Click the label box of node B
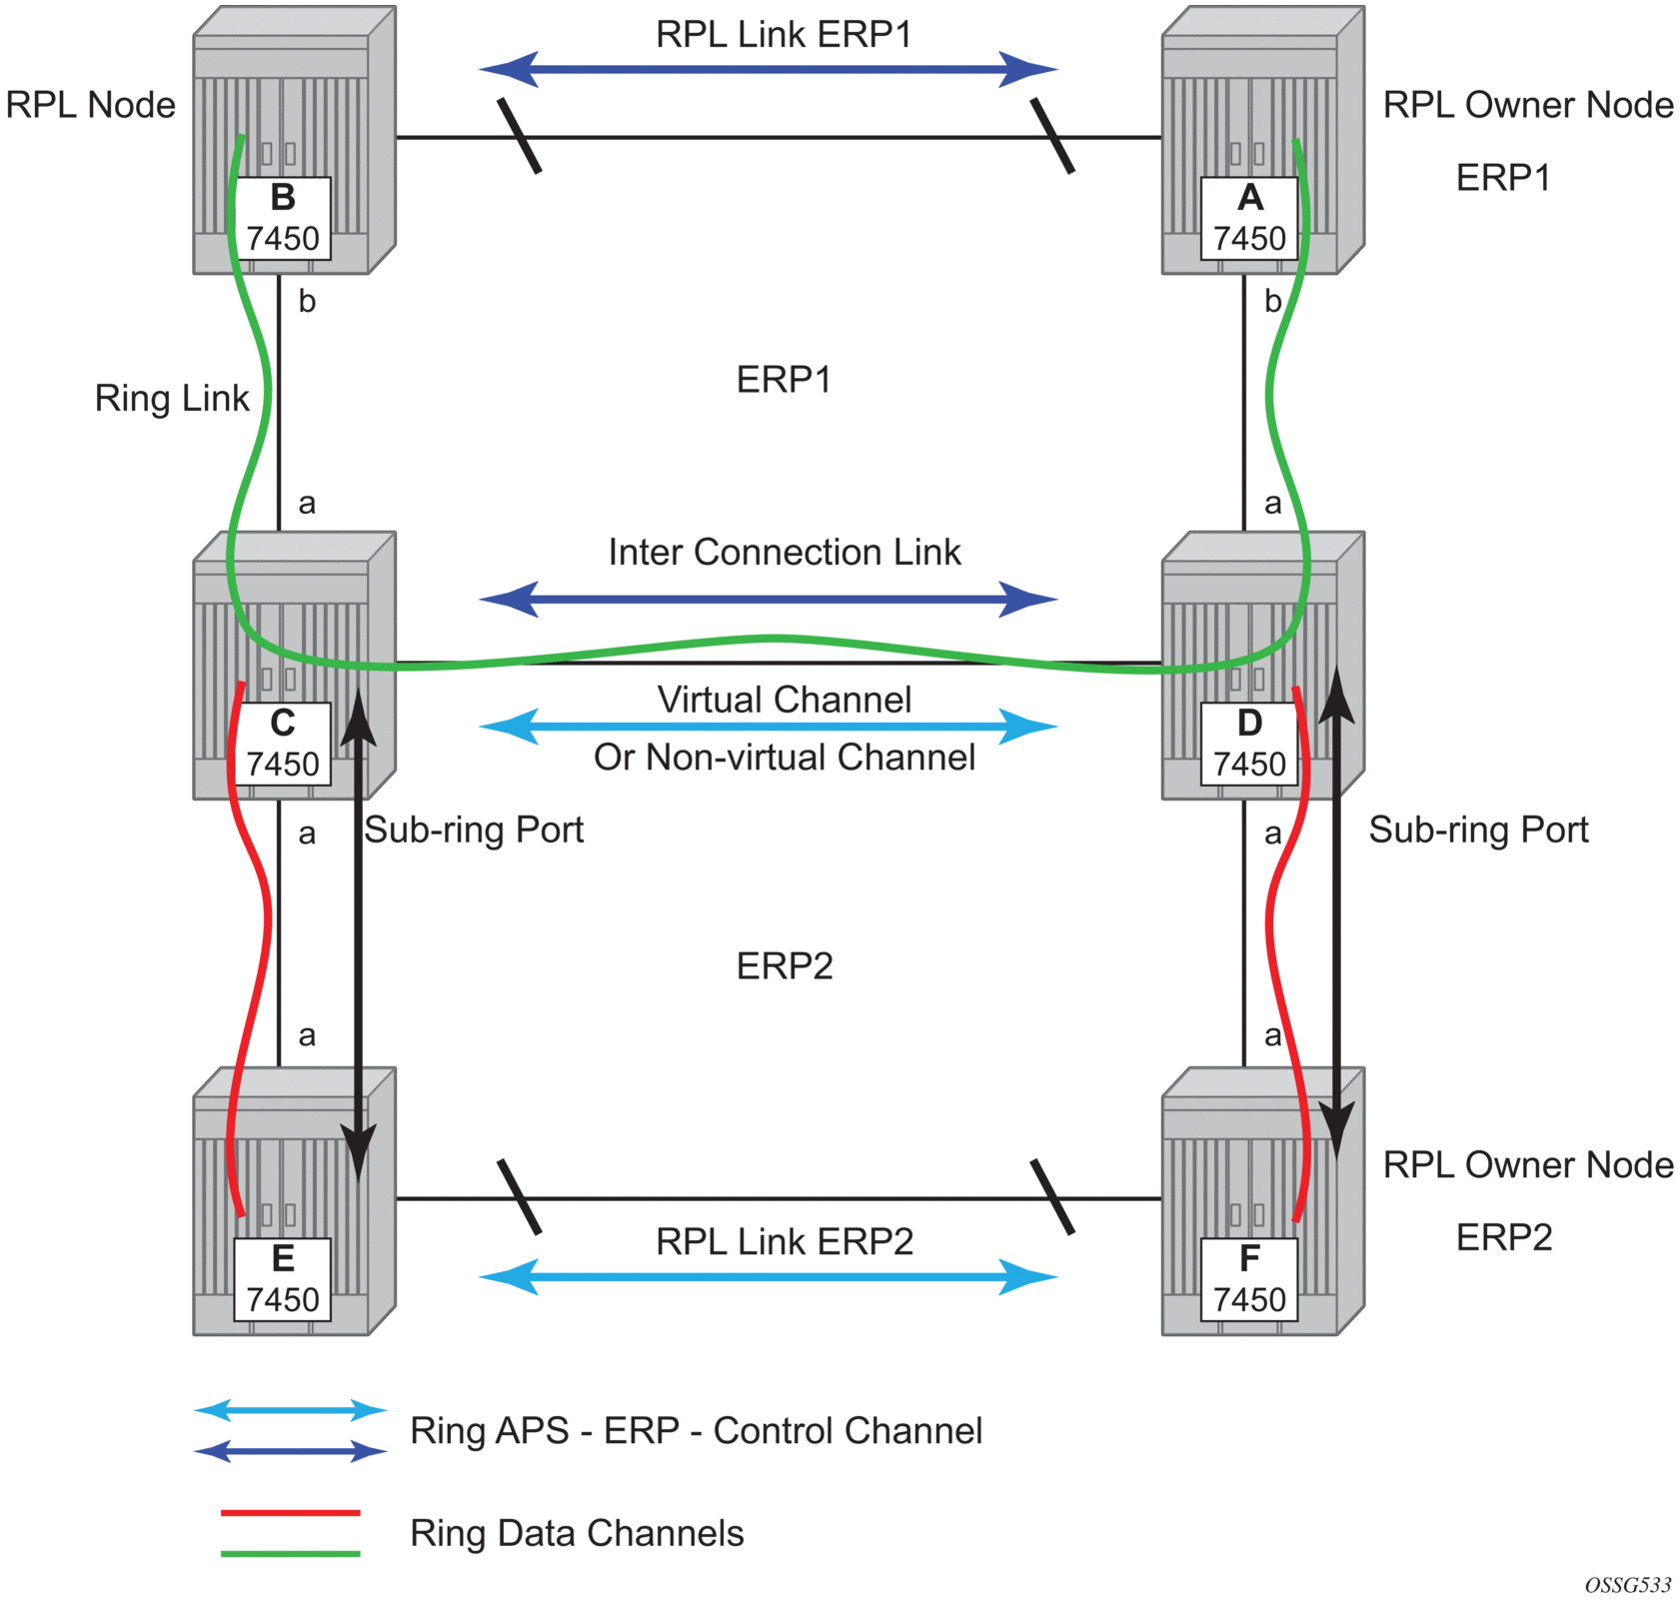point(283,219)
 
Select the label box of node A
point(1249,219)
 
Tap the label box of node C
point(283,744)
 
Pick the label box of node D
point(1249,744)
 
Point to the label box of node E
point(283,1279)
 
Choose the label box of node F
point(1249,1279)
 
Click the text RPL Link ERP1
point(784,34)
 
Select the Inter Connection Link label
point(784,553)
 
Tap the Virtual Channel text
point(784,700)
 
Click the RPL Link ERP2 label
point(784,1241)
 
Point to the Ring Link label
point(171,398)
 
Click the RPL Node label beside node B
point(90,105)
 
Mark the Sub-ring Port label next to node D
point(1477,829)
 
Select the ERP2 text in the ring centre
point(784,966)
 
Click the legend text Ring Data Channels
point(577,1533)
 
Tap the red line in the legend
point(290,1513)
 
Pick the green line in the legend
point(290,1554)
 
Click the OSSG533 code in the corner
point(1627,1585)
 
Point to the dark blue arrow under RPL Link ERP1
point(768,70)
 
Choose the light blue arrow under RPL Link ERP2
point(768,1277)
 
